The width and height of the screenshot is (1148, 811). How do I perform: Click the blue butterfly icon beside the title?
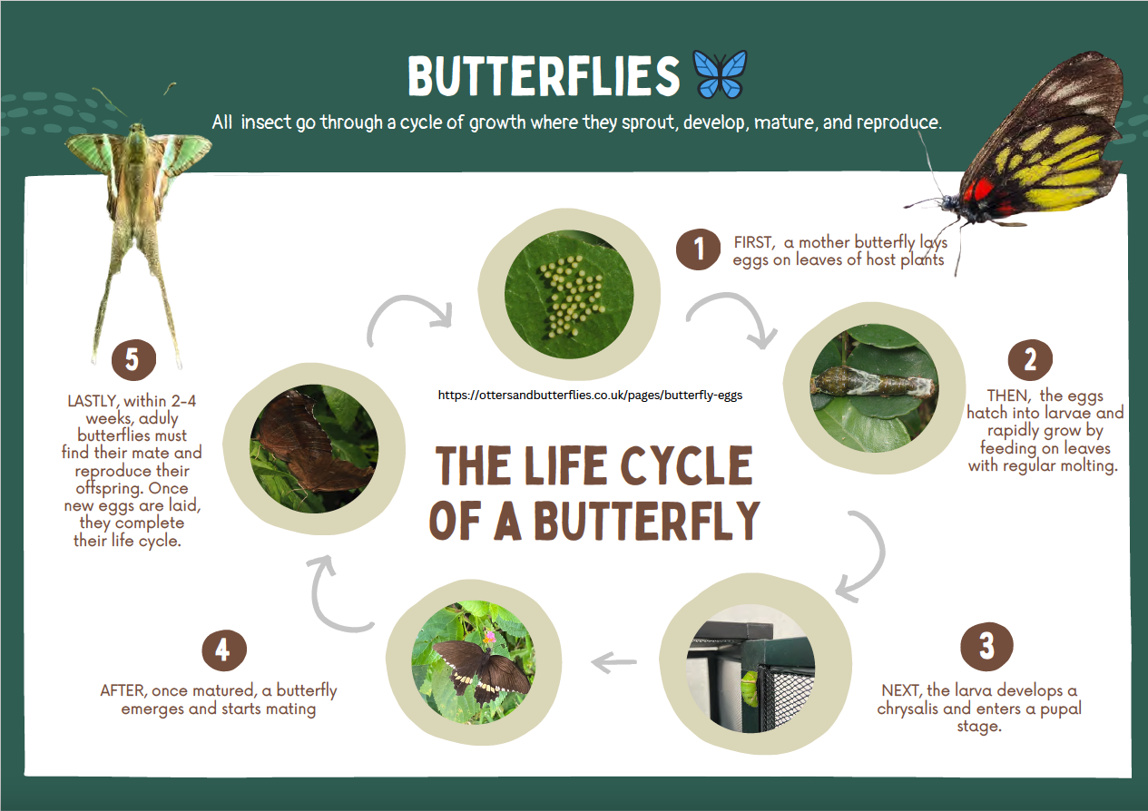[720, 74]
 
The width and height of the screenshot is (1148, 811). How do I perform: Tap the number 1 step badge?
[698, 249]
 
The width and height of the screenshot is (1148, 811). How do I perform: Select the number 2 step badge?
[1030, 359]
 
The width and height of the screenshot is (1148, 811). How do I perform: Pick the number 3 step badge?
[986, 647]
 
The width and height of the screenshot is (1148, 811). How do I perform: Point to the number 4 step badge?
[224, 650]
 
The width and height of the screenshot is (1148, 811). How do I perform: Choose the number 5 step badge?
[133, 359]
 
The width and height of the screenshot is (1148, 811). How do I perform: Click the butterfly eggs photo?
[569, 294]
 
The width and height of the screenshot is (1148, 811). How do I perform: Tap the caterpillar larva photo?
[874, 388]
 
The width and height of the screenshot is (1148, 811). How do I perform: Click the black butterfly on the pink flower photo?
[474, 661]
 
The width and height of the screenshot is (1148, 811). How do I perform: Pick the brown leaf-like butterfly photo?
[314, 449]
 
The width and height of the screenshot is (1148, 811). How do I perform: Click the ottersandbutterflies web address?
[590, 395]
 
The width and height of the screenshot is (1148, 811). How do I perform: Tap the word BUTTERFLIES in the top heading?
[544, 75]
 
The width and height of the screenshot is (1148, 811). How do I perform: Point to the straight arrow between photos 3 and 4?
[614, 662]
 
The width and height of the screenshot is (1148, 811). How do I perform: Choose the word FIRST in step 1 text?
[753, 242]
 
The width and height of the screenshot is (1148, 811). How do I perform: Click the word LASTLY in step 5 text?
[93, 401]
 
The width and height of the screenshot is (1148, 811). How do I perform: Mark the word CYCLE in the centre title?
[686, 465]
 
